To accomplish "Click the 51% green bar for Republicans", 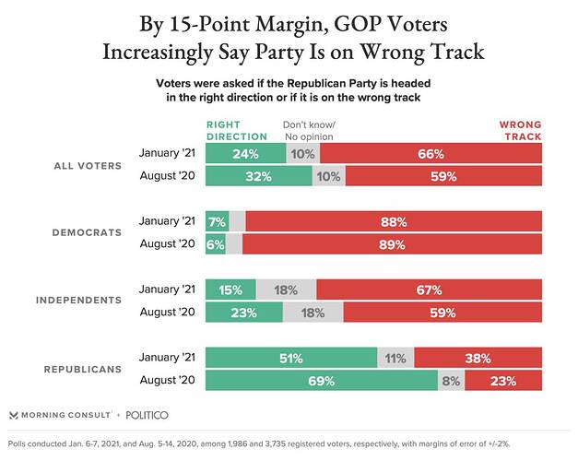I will (x=291, y=357).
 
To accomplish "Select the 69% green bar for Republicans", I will (x=322, y=380).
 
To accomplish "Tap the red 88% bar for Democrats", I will (x=395, y=221).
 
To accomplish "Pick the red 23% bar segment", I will (x=503, y=380).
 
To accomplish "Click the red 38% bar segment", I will (x=478, y=357).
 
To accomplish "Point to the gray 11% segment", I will (x=395, y=357).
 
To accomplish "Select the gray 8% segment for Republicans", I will (x=452, y=380).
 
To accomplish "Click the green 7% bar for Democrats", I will (x=216, y=221).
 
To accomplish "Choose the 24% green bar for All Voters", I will (x=245, y=153).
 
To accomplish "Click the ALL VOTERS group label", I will (x=87, y=165).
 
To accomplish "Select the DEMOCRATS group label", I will (x=88, y=232).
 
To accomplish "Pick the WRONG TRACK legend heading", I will (x=520, y=130).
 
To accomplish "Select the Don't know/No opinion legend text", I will (x=308, y=130).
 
